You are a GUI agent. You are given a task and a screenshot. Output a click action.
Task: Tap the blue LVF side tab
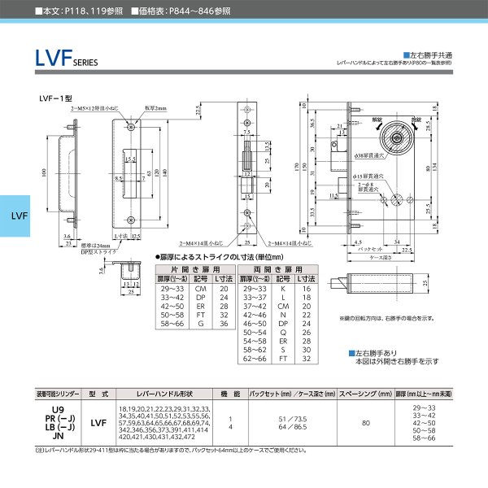coord(20,217)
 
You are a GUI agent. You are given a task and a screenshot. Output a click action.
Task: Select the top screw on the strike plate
coord(133,126)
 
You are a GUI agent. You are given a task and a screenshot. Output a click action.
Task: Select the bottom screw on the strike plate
coord(133,218)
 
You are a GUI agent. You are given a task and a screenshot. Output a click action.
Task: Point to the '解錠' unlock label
coord(376,116)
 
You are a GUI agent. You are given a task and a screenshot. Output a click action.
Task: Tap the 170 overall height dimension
coord(294,167)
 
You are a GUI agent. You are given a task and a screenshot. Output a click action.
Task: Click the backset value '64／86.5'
coord(290,426)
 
